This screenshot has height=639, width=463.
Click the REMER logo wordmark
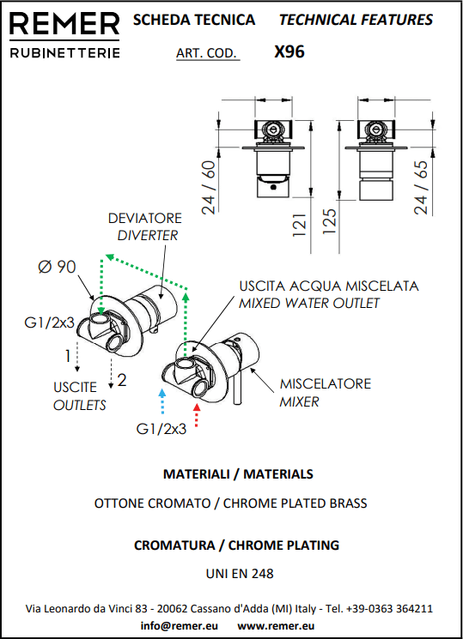(x=64, y=24)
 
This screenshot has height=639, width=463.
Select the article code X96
(x=289, y=51)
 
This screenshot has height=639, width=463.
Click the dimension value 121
(x=299, y=225)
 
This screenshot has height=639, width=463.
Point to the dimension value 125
(x=330, y=221)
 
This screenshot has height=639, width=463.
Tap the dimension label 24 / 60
(x=208, y=187)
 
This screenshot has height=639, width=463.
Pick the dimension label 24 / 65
(x=421, y=187)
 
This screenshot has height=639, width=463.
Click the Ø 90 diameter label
(x=57, y=267)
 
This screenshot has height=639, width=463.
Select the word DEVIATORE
(x=145, y=218)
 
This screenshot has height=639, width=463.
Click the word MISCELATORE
(x=326, y=383)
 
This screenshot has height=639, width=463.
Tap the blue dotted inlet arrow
(x=162, y=401)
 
